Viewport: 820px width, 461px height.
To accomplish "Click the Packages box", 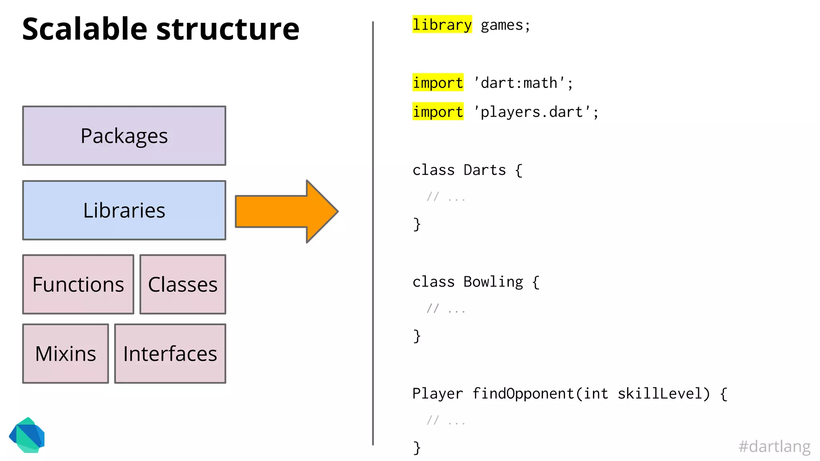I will pos(124,136).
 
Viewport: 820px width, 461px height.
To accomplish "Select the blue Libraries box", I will pos(124,210).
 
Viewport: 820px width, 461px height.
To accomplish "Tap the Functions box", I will pos(78,285).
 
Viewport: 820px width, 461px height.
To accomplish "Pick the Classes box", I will pos(183,285).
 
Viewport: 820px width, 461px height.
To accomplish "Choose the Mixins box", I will pos(65,354).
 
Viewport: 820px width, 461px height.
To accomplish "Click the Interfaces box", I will pos(170,354).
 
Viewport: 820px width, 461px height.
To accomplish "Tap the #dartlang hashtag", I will pos(774,446).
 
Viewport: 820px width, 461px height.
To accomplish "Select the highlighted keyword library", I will pos(442,25).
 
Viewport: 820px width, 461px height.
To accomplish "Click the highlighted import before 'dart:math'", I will pos(438,83).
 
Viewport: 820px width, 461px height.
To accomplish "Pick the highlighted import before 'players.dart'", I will pos(438,112).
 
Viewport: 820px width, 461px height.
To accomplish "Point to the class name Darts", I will pos(484,170).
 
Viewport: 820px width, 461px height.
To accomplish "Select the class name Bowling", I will pos(493,282).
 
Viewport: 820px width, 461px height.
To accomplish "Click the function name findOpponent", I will pos(523,394).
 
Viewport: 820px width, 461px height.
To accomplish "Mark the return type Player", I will pos(437,394).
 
